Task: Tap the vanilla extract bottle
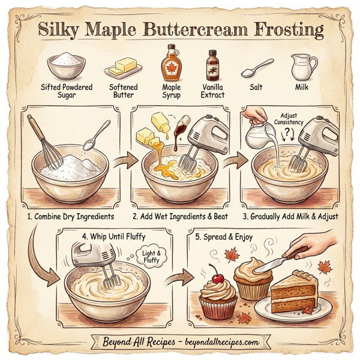212,66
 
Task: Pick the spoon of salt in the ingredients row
257,68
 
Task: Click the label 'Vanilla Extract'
212,91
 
